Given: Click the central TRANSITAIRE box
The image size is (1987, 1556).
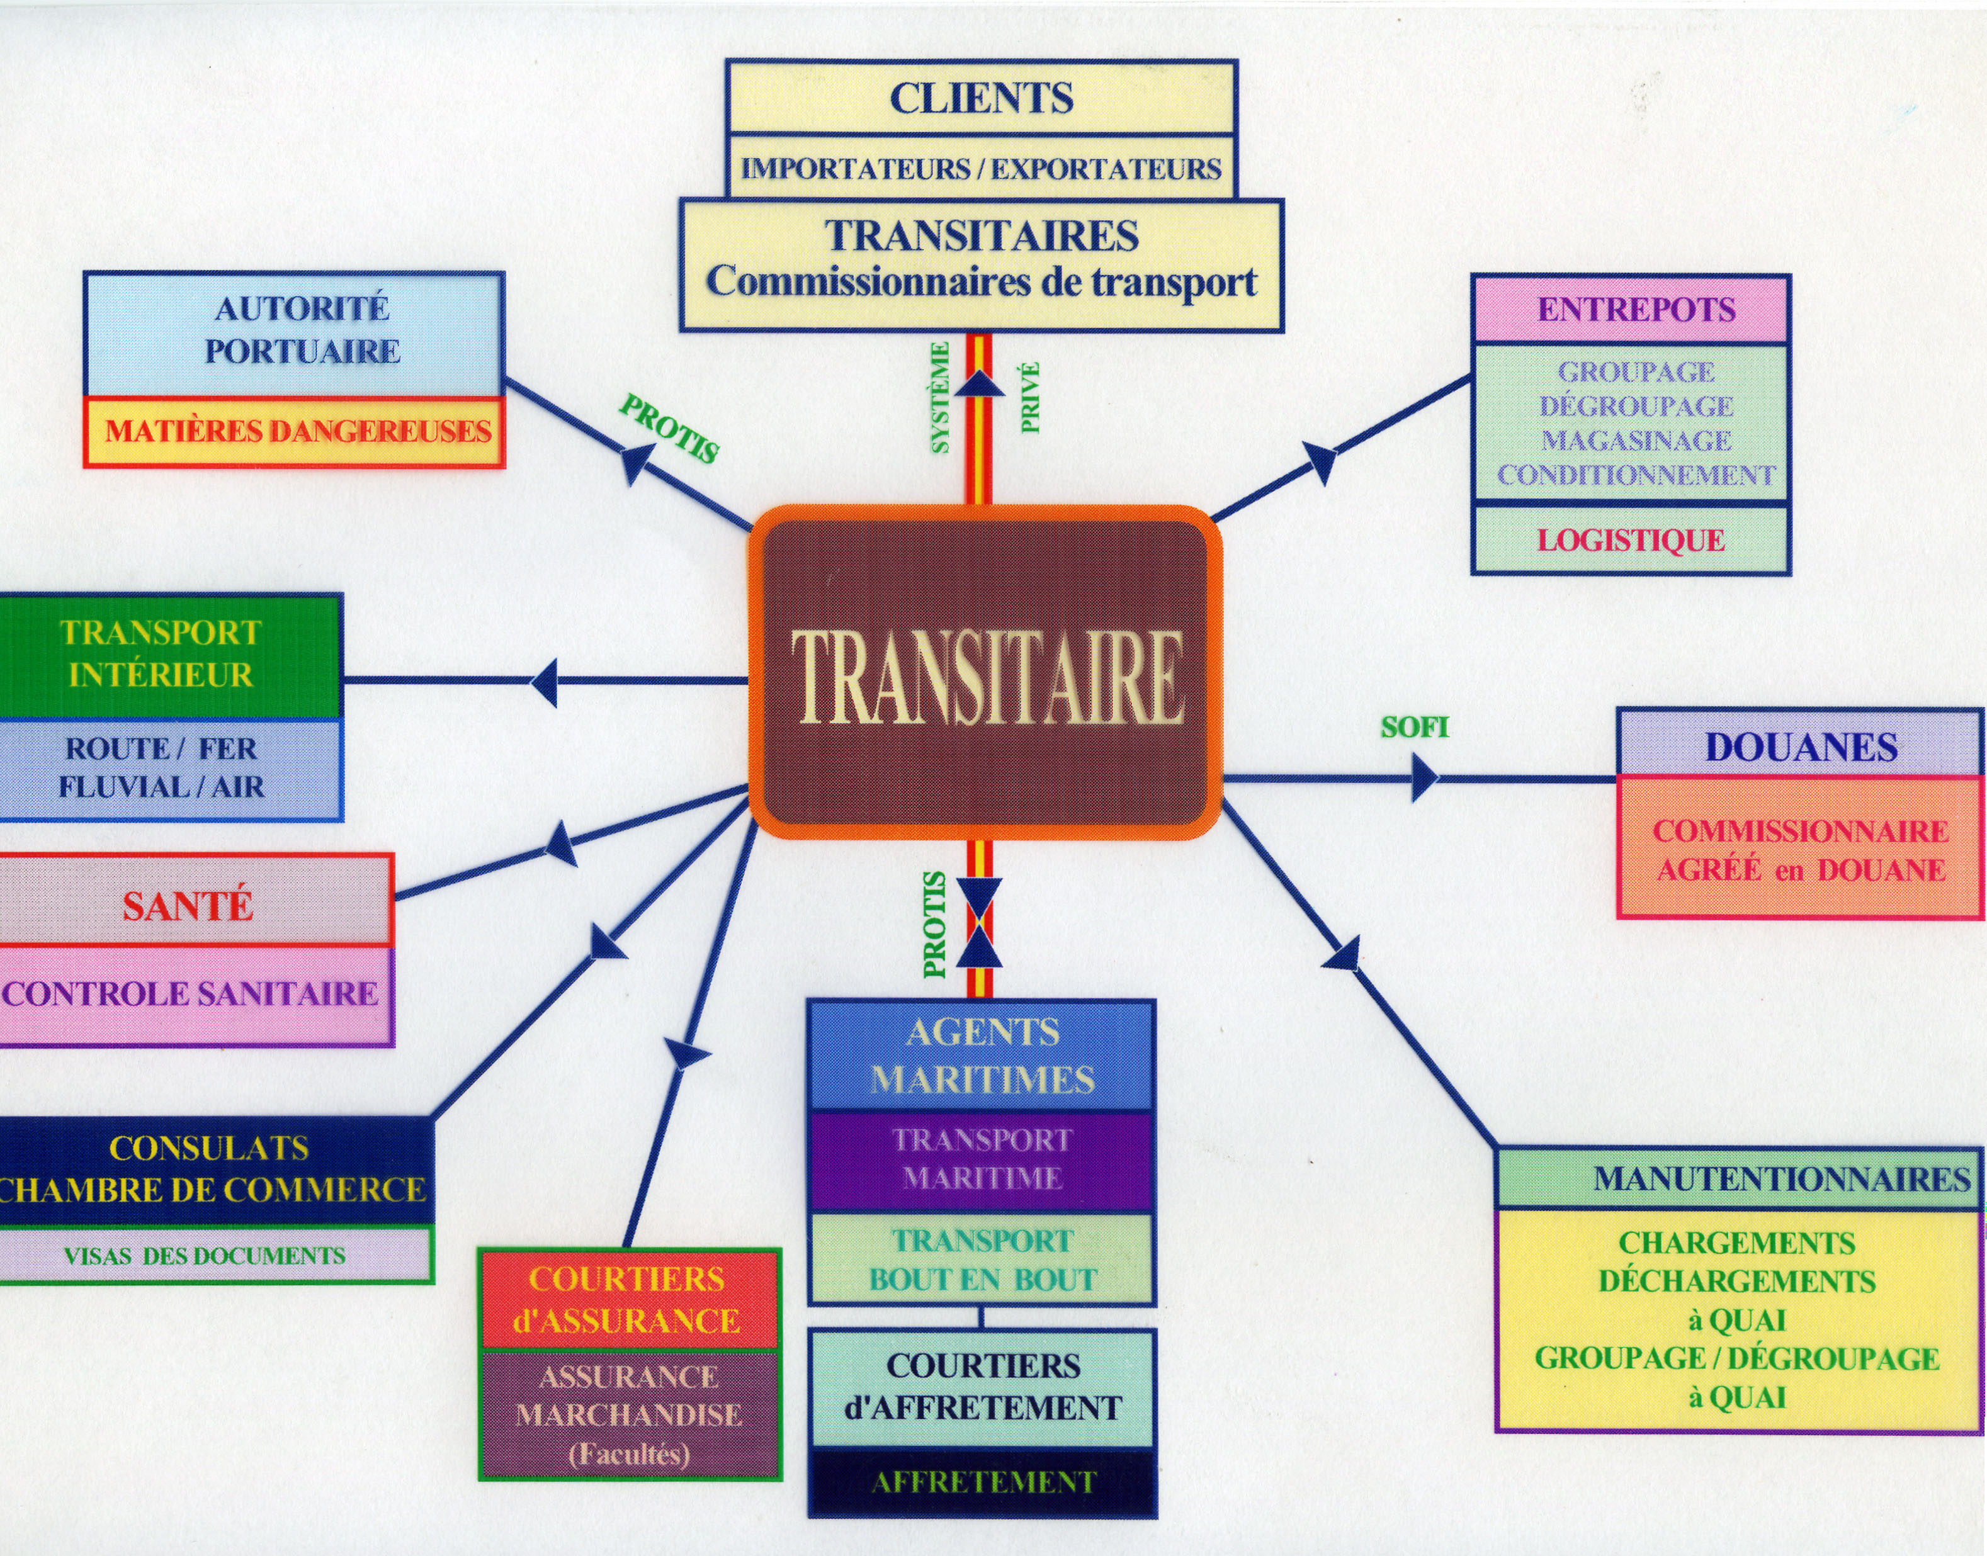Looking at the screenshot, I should [985, 672].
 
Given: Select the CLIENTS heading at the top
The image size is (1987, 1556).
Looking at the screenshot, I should [981, 98].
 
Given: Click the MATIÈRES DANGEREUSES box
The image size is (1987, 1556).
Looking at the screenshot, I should [295, 432].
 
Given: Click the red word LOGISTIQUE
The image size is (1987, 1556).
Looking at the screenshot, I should [1631, 540].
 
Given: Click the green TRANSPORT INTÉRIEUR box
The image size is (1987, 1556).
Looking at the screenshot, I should [164, 654].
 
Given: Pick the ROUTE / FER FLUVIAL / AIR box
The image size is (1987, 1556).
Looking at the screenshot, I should [164, 768].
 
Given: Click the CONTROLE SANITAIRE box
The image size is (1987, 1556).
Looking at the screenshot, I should [191, 994].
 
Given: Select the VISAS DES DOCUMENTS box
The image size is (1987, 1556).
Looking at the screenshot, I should [205, 1255].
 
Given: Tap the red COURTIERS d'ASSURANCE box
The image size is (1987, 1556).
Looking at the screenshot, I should [628, 1300].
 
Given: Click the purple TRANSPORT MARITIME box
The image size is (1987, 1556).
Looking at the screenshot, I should [981, 1159].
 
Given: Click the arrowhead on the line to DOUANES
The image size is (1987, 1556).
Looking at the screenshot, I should [1423, 779].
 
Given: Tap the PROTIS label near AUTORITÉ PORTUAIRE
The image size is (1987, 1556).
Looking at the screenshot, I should [670, 427].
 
